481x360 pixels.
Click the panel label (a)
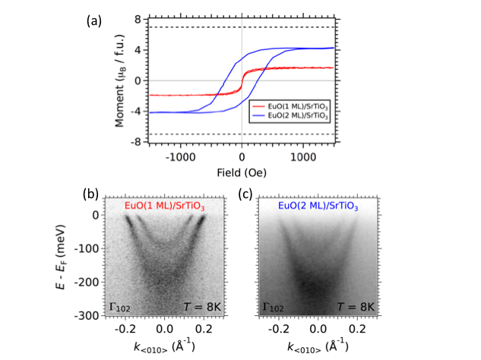click(95, 21)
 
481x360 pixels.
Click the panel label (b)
click(92, 194)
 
